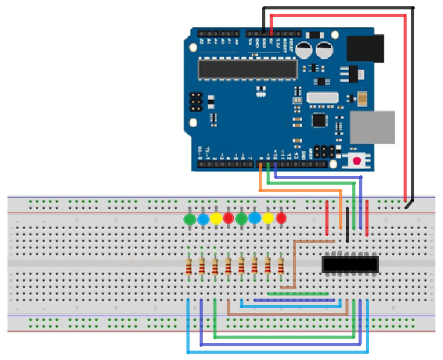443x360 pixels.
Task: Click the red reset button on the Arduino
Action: click(357, 161)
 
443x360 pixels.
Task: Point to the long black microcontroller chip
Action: click(248, 69)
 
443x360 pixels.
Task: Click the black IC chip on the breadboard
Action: click(350, 264)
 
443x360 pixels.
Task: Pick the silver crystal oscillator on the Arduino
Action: click(322, 98)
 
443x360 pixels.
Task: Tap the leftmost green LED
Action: click(190, 219)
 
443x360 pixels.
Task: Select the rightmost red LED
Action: click(281, 219)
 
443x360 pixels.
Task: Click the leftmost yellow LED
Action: click(216, 219)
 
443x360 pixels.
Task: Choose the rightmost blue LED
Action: click(255, 218)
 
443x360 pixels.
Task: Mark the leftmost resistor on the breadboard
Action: click(189, 266)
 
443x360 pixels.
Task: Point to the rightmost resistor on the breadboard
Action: click(281, 266)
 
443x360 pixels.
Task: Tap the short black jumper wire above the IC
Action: click(347, 228)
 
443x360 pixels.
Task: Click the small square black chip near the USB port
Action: click(320, 120)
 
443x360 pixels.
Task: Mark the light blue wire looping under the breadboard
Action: click(275, 352)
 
